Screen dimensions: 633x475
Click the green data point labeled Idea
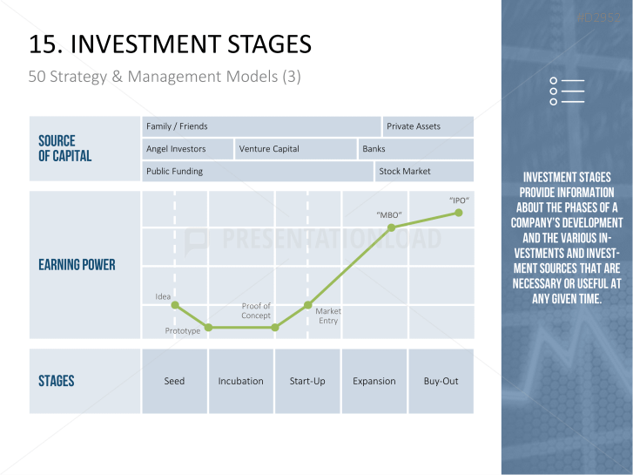pos(175,305)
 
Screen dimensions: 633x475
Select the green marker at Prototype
pos(208,328)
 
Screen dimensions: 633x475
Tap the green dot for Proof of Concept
pos(275,328)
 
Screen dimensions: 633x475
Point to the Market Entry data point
pos(308,305)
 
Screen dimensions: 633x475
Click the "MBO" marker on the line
pos(391,228)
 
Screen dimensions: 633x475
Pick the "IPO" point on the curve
pos(459,213)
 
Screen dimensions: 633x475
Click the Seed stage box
pos(175,381)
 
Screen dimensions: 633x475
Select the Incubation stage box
pos(241,381)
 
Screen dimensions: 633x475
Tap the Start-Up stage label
pos(307,381)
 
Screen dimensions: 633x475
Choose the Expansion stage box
pos(374,381)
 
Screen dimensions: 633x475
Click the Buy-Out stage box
pos(441,381)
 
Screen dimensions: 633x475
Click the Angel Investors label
pos(176,149)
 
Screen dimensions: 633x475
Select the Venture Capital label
pos(269,149)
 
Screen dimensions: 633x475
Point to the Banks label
pos(374,149)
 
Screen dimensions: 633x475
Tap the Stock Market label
pos(405,171)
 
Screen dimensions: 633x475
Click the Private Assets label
pos(414,126)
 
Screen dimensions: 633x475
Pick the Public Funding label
pos(174,172)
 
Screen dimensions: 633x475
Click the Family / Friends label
pos(177,126)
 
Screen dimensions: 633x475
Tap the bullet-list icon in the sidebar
pos(567,91)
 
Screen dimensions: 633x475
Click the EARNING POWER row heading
pos(77,265)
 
